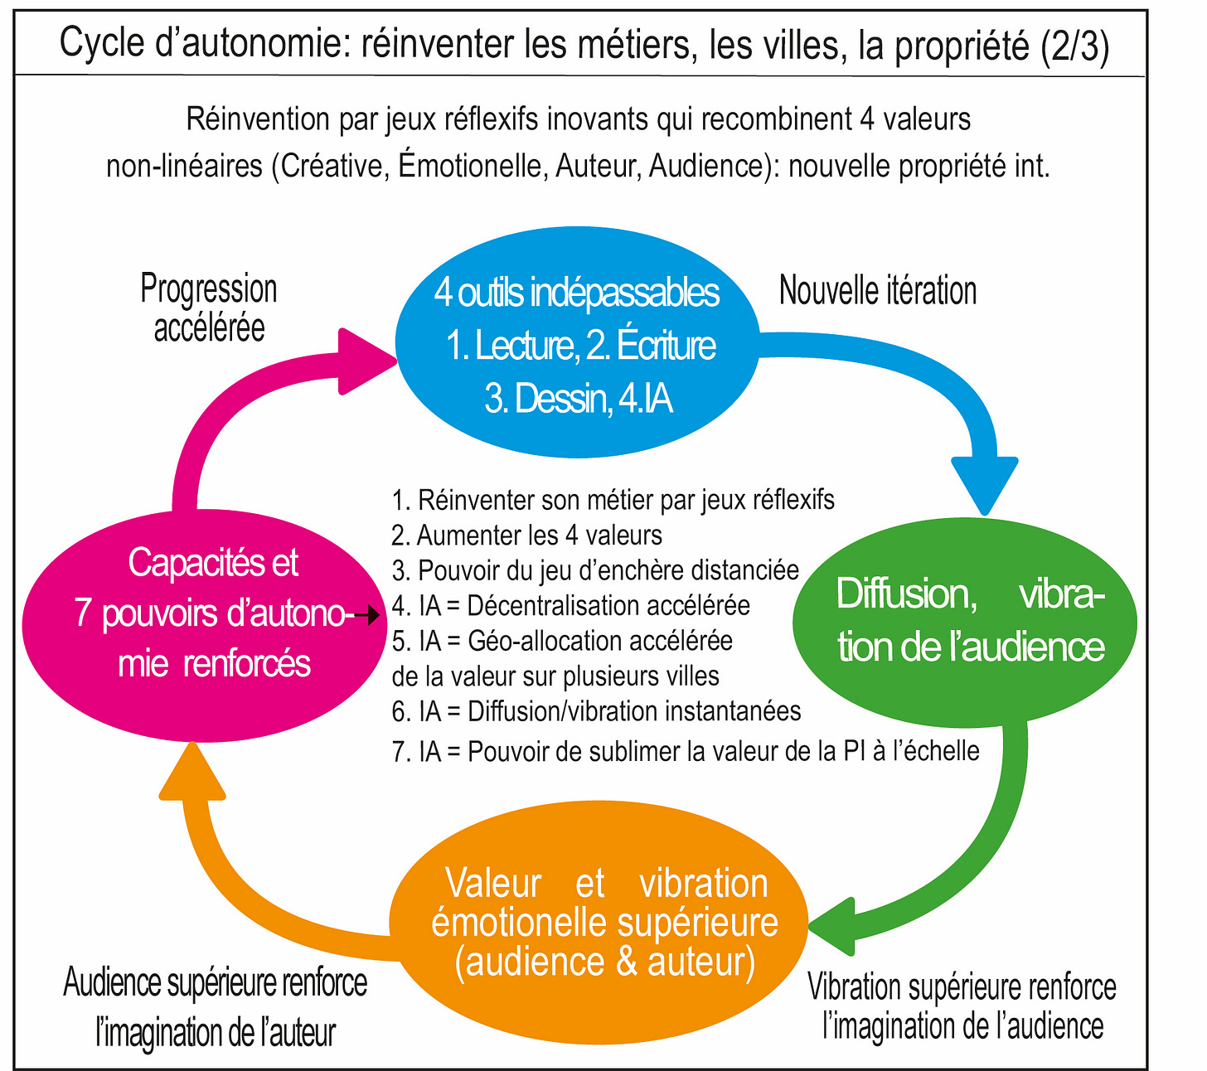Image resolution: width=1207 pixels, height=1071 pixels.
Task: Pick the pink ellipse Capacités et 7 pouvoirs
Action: (x=199, y=613)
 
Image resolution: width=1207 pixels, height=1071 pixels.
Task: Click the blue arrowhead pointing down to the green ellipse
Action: (x=984, y=484)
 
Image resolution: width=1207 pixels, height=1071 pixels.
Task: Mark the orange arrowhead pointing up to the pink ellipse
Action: (x=191, y=773)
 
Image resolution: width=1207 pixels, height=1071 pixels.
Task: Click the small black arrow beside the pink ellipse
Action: (x=368, y=615)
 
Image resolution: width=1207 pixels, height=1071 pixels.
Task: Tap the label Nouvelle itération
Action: (x=878, y=291)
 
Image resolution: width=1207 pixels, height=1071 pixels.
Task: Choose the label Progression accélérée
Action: (x=209, y=308)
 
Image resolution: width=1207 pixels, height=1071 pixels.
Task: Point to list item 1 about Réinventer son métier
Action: (x=613, y=500)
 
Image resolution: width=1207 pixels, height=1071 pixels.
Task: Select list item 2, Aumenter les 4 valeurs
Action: (x=527, y=535)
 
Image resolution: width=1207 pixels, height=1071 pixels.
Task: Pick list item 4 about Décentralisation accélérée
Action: (x=571, y=606)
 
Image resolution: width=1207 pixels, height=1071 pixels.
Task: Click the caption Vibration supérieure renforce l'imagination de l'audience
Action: (x=962, y=1006)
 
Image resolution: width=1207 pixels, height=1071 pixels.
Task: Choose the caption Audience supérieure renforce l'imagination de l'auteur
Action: (x=216, y=1007)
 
